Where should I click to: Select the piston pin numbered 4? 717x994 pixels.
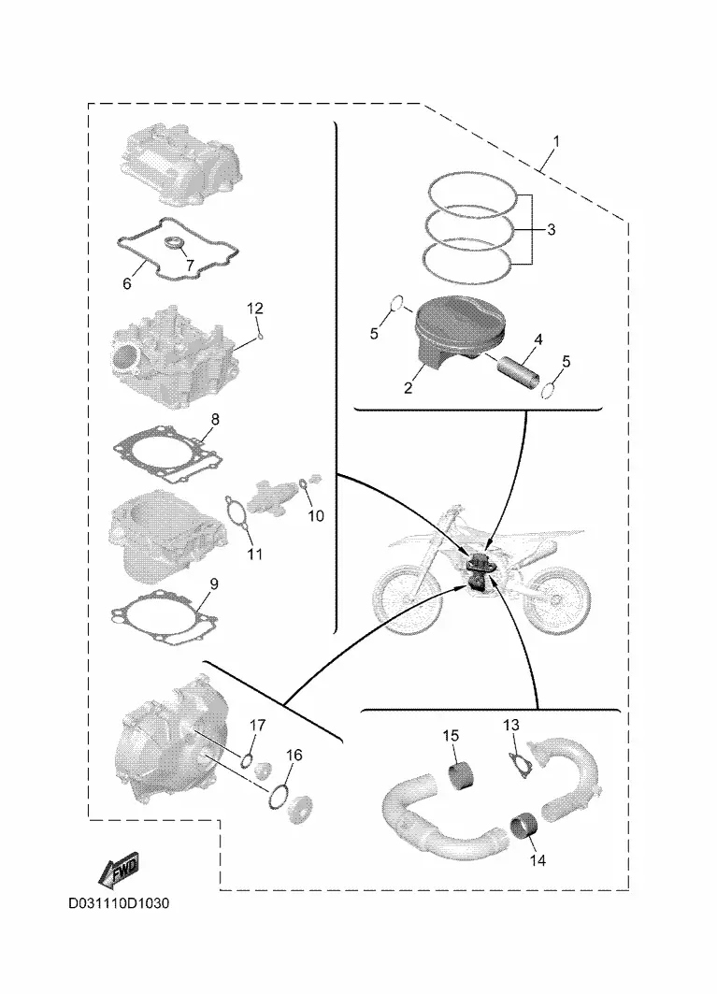519,373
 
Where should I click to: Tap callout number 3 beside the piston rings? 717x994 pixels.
551,229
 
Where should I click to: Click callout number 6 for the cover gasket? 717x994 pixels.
127,283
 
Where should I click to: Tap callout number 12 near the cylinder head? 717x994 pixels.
255,309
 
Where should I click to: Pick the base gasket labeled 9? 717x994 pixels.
166,618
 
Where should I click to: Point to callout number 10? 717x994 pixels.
316,516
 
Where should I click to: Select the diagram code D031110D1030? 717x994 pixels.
119,902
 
